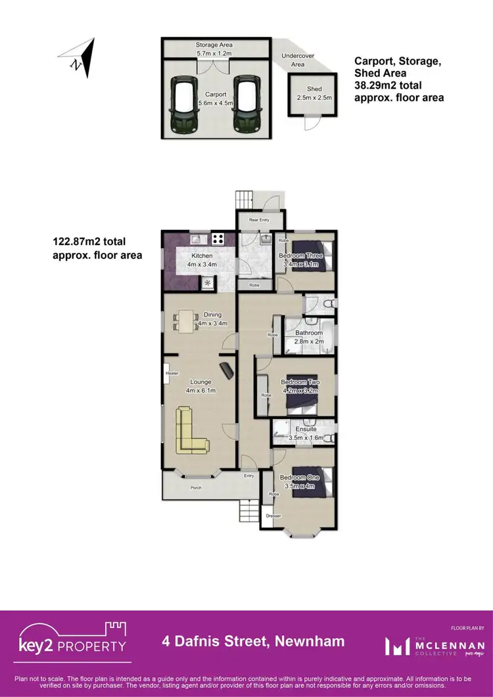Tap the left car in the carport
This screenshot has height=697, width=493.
click(x=184, y=105)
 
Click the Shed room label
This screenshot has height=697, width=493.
click(x=314, y=89)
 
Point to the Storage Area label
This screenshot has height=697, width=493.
click(x=214, y=45)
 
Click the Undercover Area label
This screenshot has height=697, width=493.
click(x=293, y=60)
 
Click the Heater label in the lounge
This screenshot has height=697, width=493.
click(x=172, y=373)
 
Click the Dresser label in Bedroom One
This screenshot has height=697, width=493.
click(x=273, y=516)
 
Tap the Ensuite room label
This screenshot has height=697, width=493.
click(x=306, y=429)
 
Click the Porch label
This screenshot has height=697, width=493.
click(x=196, y=487)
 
